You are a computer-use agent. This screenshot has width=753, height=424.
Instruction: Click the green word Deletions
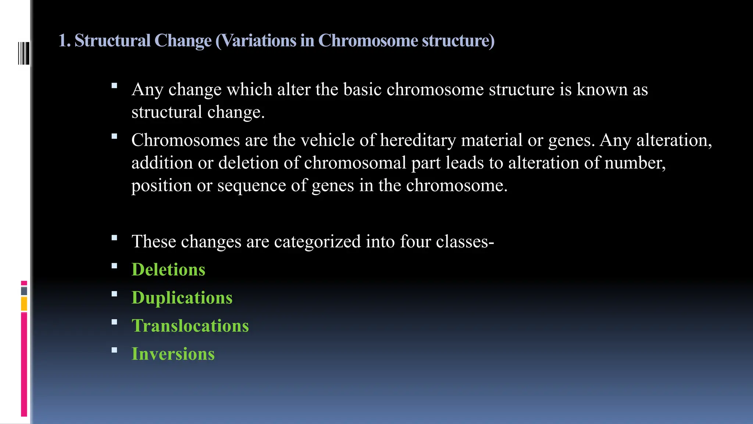click(168, 269)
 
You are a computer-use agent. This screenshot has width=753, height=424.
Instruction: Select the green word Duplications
click(182, 297)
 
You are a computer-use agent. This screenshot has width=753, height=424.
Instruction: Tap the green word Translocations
click(190, 326)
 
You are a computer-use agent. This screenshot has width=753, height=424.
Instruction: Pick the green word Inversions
click(173, 354)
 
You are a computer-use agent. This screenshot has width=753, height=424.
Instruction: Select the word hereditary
click(418, 140)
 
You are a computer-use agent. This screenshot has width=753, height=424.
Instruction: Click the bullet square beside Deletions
click(114, 266)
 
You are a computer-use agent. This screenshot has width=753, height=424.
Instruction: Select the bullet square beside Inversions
click(114, 350)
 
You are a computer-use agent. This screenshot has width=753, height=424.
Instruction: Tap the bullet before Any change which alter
click(114, 86)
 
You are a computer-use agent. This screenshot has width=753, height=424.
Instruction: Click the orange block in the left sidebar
click(24, 304)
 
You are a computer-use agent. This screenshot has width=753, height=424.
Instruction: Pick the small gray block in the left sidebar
click(24, 291)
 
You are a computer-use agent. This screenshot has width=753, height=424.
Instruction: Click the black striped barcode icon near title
click(24, 53)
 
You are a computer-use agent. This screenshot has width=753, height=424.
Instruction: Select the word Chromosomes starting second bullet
click(185, 140)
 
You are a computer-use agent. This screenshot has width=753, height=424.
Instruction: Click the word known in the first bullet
click(602, 89)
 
